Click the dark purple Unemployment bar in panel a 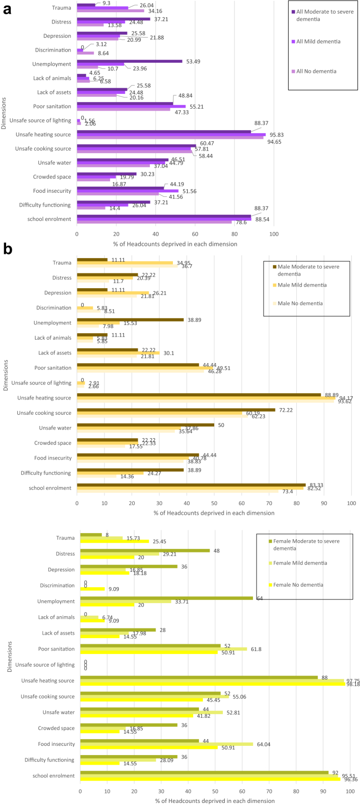(130, 61)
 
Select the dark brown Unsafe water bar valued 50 (145, 424)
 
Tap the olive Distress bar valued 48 (145, 550)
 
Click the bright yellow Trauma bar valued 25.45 (115, 541)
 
